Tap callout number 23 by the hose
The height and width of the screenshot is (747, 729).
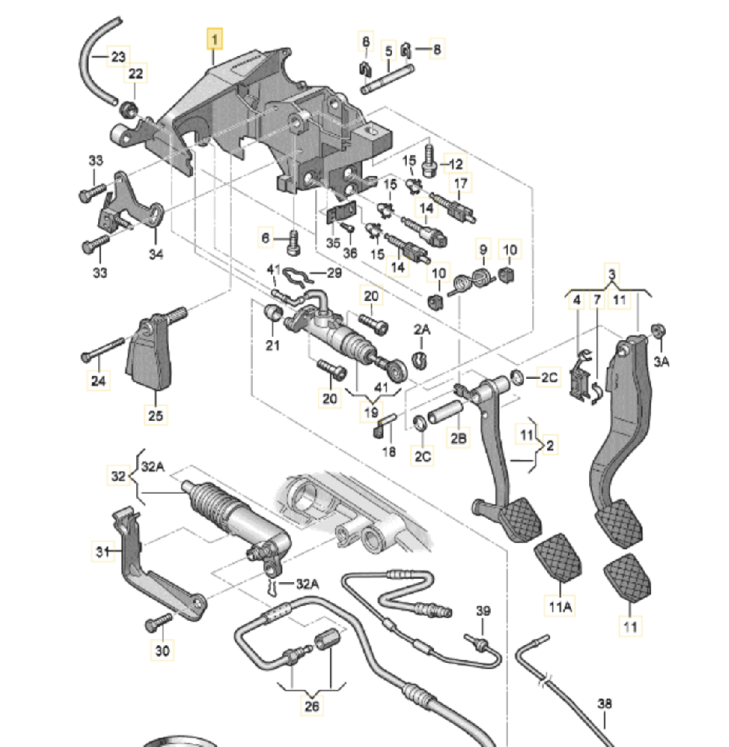tap(117, 56)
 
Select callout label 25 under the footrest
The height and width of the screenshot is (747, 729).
tap(156, 416)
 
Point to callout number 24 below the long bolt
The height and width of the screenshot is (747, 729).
tap(99, 381)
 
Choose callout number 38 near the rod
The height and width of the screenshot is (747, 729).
tap(605, 704)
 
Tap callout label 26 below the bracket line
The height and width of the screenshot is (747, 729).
tap(312, 707)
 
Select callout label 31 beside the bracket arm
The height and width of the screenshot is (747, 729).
tap(101, 552)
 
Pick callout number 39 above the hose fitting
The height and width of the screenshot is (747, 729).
tap(483, 611)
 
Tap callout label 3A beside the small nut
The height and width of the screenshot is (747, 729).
tap(661, 360)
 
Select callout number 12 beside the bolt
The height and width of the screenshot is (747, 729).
tap(455, 164)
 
